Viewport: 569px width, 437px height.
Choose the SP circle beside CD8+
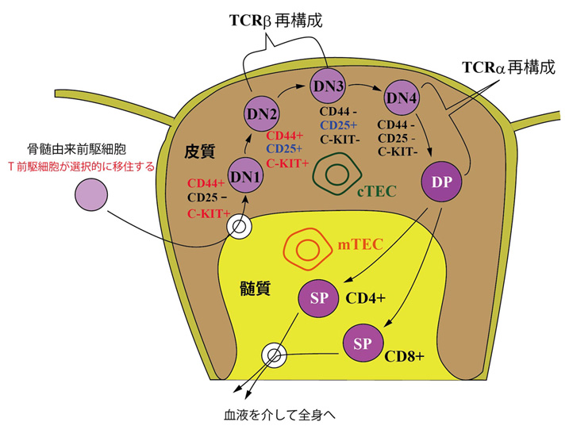[x=361, y=343]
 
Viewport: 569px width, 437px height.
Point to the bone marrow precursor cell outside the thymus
[x=91, y=196]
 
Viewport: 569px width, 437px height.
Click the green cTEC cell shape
[x=336, y=175]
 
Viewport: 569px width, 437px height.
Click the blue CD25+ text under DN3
[x=338, y=125]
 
